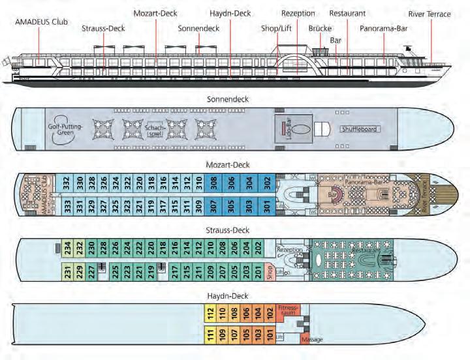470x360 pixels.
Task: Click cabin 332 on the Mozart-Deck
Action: (x=67, y=183)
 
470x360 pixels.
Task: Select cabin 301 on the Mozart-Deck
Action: (x=266, y=205)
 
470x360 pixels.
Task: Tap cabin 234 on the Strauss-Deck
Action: (x=67, y=248)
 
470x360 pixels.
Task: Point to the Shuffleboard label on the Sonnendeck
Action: (x=360, y=129)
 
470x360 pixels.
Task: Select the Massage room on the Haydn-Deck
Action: (x=311, y=339)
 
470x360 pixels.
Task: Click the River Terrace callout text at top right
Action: (x=429, y=14)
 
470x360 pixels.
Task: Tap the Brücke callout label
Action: (x=320, y=29)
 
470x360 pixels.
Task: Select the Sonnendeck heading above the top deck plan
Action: (x=227, y=99)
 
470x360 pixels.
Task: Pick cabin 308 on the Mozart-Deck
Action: (x=214, y=183)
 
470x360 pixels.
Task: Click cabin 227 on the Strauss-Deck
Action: (x=91, y=271)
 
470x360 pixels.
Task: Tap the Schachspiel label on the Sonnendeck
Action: (x=157, y=128)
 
